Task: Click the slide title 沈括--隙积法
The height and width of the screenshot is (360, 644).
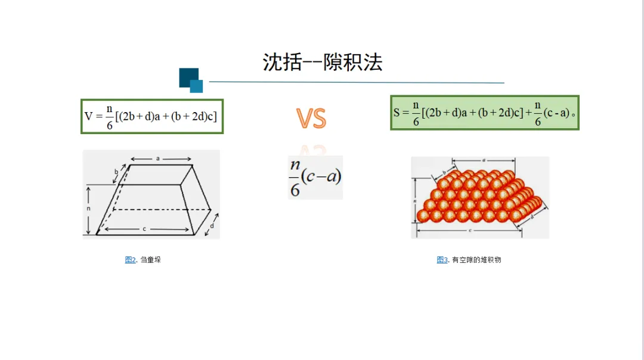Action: pos(322,62)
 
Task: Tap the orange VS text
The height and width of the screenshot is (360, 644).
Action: pos(311,119)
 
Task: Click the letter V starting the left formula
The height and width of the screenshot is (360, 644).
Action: pos(89,116)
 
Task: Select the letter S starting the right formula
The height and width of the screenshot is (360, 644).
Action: pos(397,112)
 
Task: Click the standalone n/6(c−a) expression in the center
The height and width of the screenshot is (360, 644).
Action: pos(315,177)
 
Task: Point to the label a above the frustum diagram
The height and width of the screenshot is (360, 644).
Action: pos(158,159)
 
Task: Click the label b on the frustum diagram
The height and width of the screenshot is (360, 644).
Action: pos(116,172)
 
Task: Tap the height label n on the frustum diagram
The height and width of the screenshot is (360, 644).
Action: pos(88,209)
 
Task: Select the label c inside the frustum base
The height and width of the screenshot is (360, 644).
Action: pos(144,229)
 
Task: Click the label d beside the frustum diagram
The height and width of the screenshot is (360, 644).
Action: pos(213,226)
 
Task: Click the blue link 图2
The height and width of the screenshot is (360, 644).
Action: pos(130,260)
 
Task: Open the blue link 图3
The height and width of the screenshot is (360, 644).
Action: pos(442,260)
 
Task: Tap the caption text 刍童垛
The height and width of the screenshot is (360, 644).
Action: pos(151,260)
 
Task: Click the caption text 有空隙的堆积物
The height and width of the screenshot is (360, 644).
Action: pos(476,260)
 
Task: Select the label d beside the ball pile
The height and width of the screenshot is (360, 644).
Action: pos(532,217)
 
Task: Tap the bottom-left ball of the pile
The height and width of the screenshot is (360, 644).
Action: pos(422,216)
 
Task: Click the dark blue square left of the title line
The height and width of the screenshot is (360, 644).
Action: pos(188,77)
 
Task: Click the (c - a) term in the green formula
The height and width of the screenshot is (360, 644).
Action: pos(556,113)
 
